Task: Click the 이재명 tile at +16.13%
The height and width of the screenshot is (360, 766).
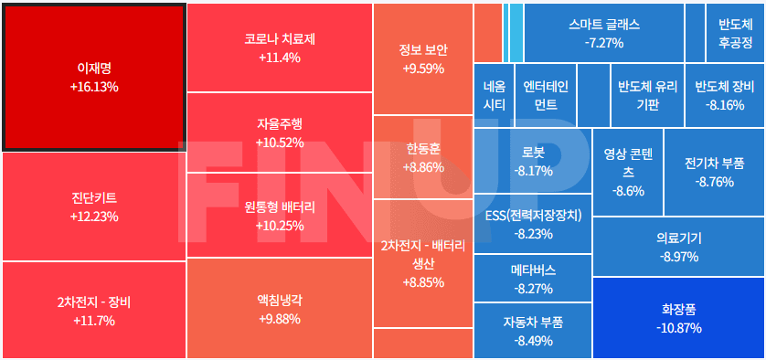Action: tap(94, 77)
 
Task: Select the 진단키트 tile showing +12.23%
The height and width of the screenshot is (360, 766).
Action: tap(94, 206)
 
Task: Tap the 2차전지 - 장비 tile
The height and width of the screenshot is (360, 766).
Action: tap(94, 311)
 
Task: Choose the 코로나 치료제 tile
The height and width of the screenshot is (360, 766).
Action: tap(279, 48)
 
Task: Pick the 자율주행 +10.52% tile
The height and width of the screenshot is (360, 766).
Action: tap(279, 132)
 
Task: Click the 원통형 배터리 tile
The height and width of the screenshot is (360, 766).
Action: tap(279, 216)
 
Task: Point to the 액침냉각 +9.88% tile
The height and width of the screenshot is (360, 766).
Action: tap(279, 308)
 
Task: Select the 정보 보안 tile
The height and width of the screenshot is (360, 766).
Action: tap(423, 58)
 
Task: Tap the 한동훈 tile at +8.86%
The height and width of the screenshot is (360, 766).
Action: tap(423, 157)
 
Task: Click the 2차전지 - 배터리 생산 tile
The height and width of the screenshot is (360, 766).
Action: tap(423, 263)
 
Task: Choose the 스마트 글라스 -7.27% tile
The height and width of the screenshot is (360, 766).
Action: tap(604, 33)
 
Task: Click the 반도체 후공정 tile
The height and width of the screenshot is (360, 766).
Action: tap(735, 33)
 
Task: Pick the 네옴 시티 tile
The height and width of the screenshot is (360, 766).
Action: tap(494, 95)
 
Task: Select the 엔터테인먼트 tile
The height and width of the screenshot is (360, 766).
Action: tap(546, 95)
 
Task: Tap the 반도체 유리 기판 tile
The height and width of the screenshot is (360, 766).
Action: tap(647, 95)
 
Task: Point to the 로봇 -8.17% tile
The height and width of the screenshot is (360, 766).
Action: tap(533, 161)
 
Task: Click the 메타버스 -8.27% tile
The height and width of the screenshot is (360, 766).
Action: tap(533, 279)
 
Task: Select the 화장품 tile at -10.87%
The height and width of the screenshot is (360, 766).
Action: tap(678, 318)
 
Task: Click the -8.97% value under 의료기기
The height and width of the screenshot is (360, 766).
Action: tap(678, 257)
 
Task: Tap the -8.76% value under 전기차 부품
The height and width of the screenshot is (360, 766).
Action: tap(714, 182)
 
